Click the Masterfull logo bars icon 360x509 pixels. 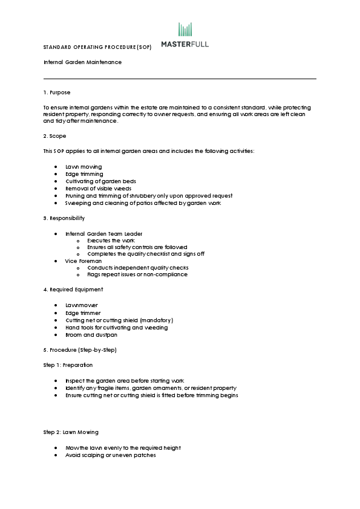185,30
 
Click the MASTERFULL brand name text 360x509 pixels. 185,44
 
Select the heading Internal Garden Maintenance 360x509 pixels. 82,62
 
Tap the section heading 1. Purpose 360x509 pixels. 57,92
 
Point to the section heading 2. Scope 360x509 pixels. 54,136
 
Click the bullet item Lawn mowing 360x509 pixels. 83,167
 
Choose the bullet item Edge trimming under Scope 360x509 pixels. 84,174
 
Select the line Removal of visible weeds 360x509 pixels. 98,189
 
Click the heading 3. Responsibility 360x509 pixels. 64,218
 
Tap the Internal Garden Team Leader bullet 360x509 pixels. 104,233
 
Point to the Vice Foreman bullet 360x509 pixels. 83,261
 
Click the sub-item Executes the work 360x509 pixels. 111,241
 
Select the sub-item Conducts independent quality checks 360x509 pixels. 137,268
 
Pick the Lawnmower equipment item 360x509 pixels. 81,305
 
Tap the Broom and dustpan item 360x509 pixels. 91,335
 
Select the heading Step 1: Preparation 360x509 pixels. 68,365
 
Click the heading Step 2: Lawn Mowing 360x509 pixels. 71,432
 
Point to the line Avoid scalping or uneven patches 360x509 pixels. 110,455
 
